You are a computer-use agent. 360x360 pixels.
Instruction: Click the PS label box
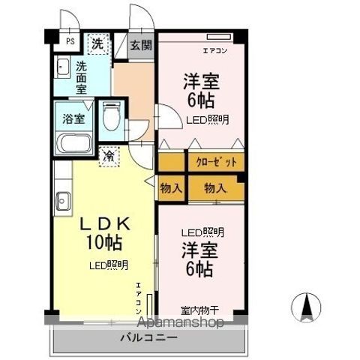[69, 42]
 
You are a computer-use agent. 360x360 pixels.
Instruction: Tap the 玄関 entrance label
[140, 44]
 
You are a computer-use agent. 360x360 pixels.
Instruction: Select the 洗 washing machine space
[97, 43]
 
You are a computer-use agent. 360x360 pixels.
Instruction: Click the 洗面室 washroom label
[80, 76]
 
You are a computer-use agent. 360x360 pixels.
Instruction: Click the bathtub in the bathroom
[73, 143]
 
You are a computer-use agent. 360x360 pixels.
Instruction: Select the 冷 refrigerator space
[109, 155]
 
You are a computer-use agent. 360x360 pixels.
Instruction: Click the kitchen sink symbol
[62, 200]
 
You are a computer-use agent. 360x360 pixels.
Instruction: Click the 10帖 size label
[105, 243]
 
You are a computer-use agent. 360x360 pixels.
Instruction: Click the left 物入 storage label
[170, 188]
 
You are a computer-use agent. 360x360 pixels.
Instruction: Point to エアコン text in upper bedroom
[215, 51]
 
